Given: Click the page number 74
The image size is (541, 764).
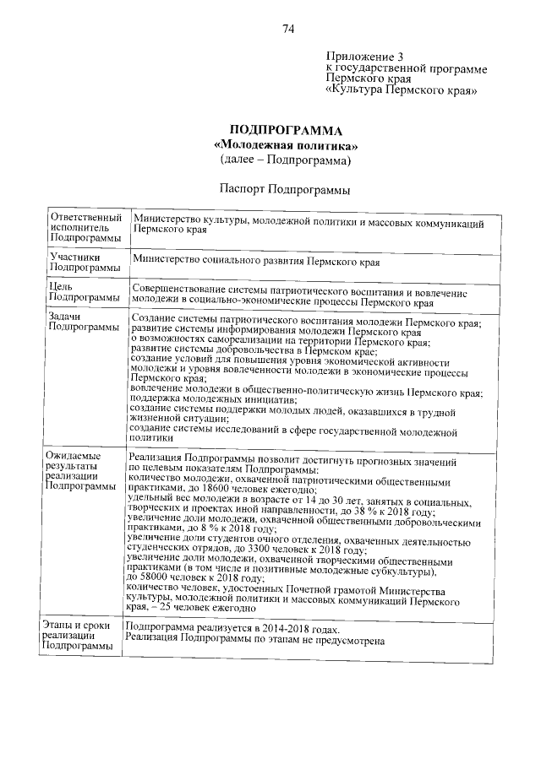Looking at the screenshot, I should coord(287,30).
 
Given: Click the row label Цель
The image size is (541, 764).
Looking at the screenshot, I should coord(61,286).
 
